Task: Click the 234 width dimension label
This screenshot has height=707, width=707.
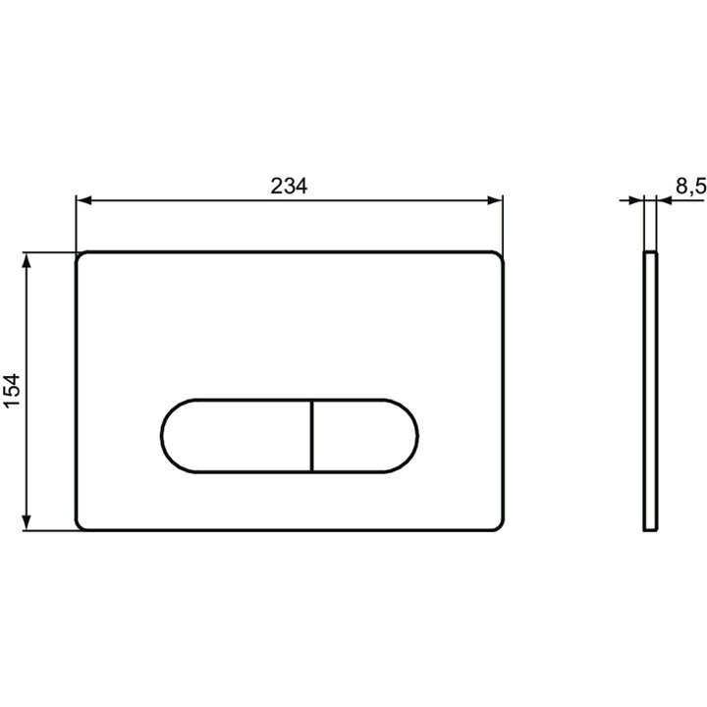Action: [289, 186]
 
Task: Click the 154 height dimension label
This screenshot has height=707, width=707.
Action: [12, 390]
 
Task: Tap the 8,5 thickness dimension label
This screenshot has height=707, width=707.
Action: [690, 186]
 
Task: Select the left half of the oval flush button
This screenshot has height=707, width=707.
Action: [236, 436]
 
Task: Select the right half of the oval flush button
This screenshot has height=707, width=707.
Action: [364, 436]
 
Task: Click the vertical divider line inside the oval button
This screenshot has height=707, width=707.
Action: [311, 436]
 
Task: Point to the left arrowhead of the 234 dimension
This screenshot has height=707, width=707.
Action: [83, 200]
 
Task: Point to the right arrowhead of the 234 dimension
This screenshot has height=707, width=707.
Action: [495, 200]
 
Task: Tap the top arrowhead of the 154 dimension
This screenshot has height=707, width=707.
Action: [27, 260]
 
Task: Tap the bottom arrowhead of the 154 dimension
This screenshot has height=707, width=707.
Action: [27, 522]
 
